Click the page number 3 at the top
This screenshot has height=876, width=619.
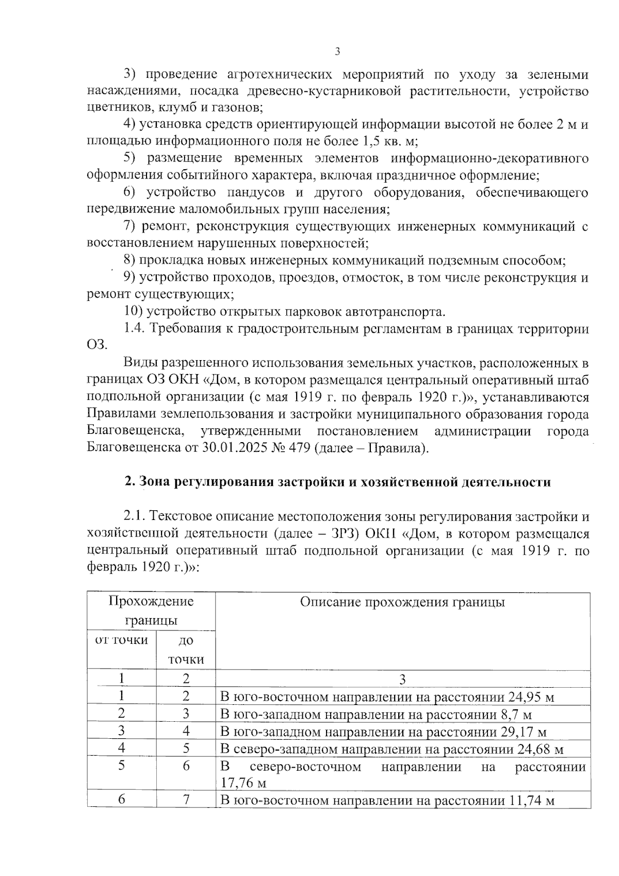click(x=337, y=51)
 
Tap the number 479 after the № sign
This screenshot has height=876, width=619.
click(x=299, y=448)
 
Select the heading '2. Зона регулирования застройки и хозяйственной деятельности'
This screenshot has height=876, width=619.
click(x=337, y=482)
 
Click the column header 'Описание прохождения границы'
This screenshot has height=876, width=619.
click(x=402, y=602)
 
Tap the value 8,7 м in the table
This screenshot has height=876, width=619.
click(x=516, y=715)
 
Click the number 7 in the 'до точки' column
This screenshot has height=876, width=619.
click(x=186, y=800)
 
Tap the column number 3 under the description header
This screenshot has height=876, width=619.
click(x=402, y=680)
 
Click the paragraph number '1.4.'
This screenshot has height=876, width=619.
click(x=135, y=329)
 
